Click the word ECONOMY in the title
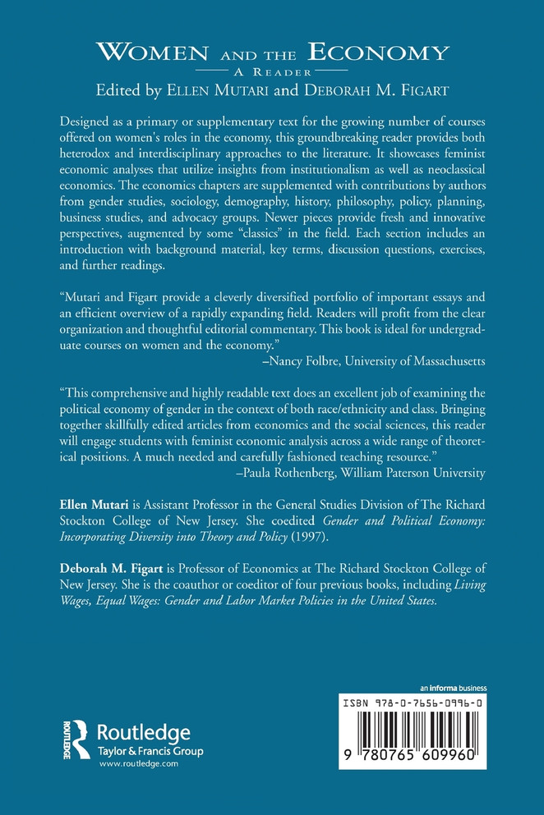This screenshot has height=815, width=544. coord(380,53)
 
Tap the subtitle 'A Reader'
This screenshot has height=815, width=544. coord(271,72)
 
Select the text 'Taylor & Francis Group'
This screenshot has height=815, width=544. coord(150,751)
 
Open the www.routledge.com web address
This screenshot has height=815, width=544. coord(138,764)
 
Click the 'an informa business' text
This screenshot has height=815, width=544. coord(453,688)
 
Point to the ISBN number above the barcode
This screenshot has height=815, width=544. coord(413,704)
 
